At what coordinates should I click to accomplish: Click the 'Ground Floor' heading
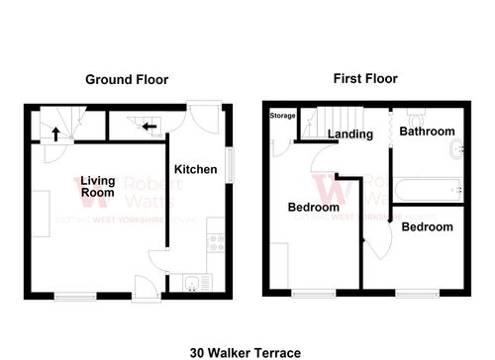coord(126,80)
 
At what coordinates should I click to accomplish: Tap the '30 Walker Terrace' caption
coord(246,351)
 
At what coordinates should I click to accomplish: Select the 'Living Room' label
coord(98,187)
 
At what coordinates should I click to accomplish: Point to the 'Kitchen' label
coord(196,169)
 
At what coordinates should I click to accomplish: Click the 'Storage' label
coord(282,116)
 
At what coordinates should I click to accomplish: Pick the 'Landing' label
coord(350,135)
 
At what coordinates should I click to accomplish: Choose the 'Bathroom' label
coord(427,132)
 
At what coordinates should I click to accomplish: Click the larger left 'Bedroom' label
coord(314,208)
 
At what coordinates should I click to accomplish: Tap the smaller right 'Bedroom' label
coord(428,226)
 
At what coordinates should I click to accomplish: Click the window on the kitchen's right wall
coord(230,163)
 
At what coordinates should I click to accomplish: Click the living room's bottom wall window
coord(76,294)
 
